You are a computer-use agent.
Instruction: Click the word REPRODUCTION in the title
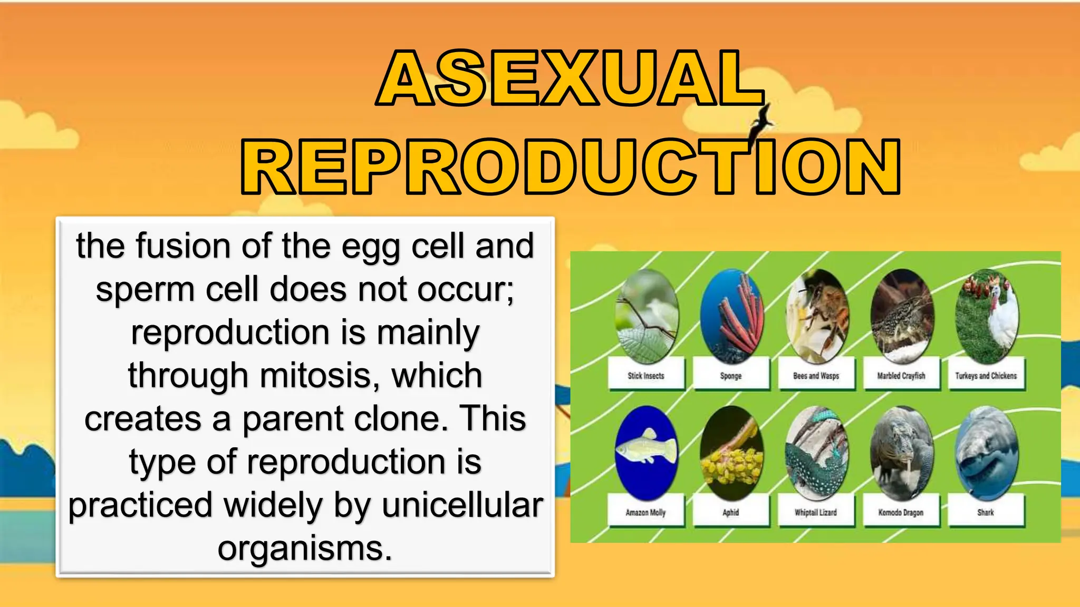click(571, 167)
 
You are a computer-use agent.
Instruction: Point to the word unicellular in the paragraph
click(462, 505)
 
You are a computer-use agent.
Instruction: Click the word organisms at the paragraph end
click(304, 549)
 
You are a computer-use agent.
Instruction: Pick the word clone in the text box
click(401, 419)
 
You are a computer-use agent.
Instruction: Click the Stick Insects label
click(646, 375)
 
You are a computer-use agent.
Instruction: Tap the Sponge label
click(731, 375)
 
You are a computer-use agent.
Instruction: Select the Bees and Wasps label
click(816, 375)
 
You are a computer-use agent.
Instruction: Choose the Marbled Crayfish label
click(901, 375)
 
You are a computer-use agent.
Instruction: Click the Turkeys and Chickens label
click(986, 375)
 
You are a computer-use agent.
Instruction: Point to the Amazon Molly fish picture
click(646, 452)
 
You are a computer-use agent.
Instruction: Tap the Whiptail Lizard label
click(816, 512)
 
